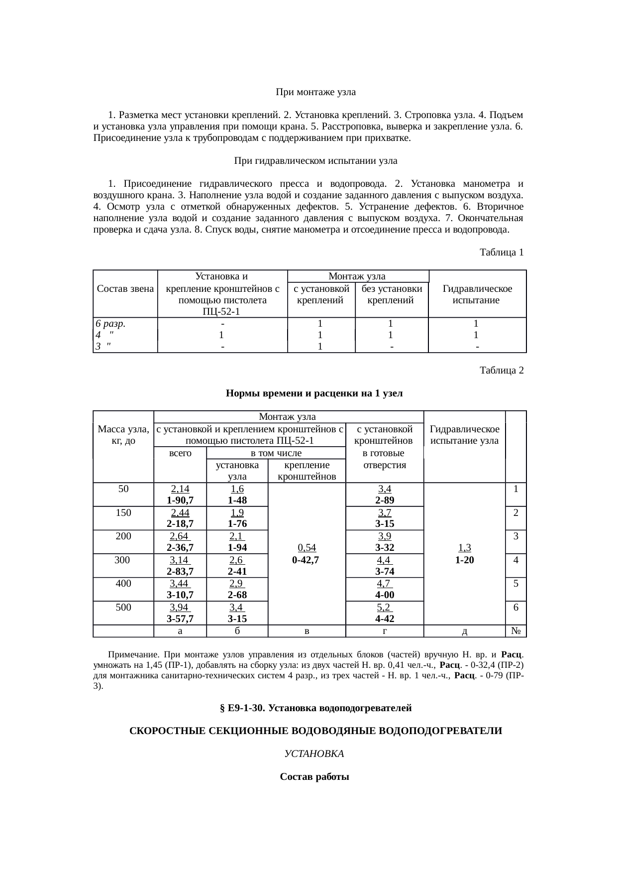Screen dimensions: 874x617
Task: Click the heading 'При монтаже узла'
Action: pos(315,92)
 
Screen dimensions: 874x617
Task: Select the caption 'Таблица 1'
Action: pos(501,252)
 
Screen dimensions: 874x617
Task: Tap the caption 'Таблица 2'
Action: pos(501,371)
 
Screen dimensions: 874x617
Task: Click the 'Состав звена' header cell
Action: pos(125,289)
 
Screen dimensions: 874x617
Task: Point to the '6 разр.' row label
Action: pos(110,323)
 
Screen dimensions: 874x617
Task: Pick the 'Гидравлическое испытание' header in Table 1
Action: pos(477,294)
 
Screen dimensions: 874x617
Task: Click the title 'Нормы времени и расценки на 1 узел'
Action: pos(314,393)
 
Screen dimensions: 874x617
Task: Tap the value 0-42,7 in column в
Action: pos(307,559)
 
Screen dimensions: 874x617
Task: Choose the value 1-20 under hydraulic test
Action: pos(464,559)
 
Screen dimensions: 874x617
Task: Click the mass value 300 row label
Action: pos(122,560)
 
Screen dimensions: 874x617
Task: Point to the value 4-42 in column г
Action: pos(385,619)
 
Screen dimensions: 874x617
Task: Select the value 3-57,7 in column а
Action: pos(180,619)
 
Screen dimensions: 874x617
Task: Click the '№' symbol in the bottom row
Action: pos(516,631)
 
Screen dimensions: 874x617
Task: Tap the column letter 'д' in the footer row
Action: pos(464,631)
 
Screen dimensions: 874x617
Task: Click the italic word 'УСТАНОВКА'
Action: pos(314,754)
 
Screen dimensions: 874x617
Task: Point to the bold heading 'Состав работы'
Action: pos(314,777)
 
